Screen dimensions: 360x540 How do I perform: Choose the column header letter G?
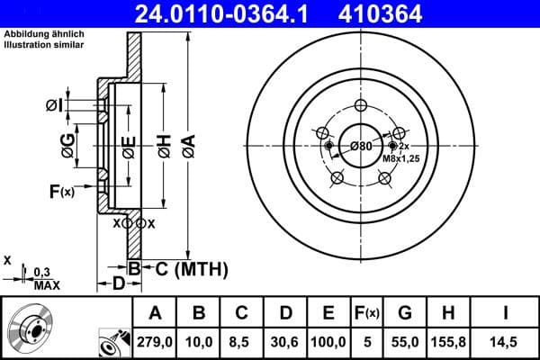tap(405, 313)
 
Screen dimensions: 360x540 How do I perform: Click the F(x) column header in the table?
tap(368, 313)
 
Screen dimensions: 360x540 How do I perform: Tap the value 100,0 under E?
tap(328, 341)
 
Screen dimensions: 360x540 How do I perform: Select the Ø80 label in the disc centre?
tap(361, 146)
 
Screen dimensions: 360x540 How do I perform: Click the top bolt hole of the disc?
tap(361, 106)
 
